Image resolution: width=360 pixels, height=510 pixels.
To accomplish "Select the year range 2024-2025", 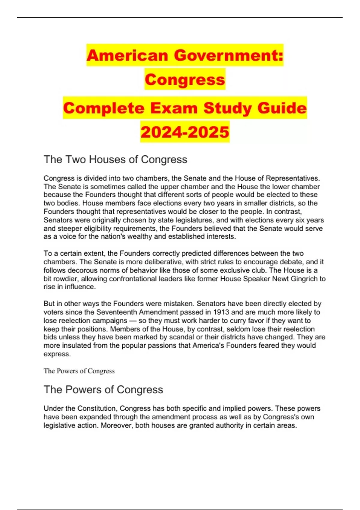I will pos(185,132).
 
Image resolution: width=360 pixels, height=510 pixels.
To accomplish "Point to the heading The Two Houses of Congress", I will pos(115,160).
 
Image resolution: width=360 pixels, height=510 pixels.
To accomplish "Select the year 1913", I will pos(221,312).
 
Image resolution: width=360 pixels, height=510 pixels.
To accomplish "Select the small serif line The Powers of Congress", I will pos(79,371).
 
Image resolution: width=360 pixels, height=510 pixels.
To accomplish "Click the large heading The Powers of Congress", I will pos(103,390).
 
